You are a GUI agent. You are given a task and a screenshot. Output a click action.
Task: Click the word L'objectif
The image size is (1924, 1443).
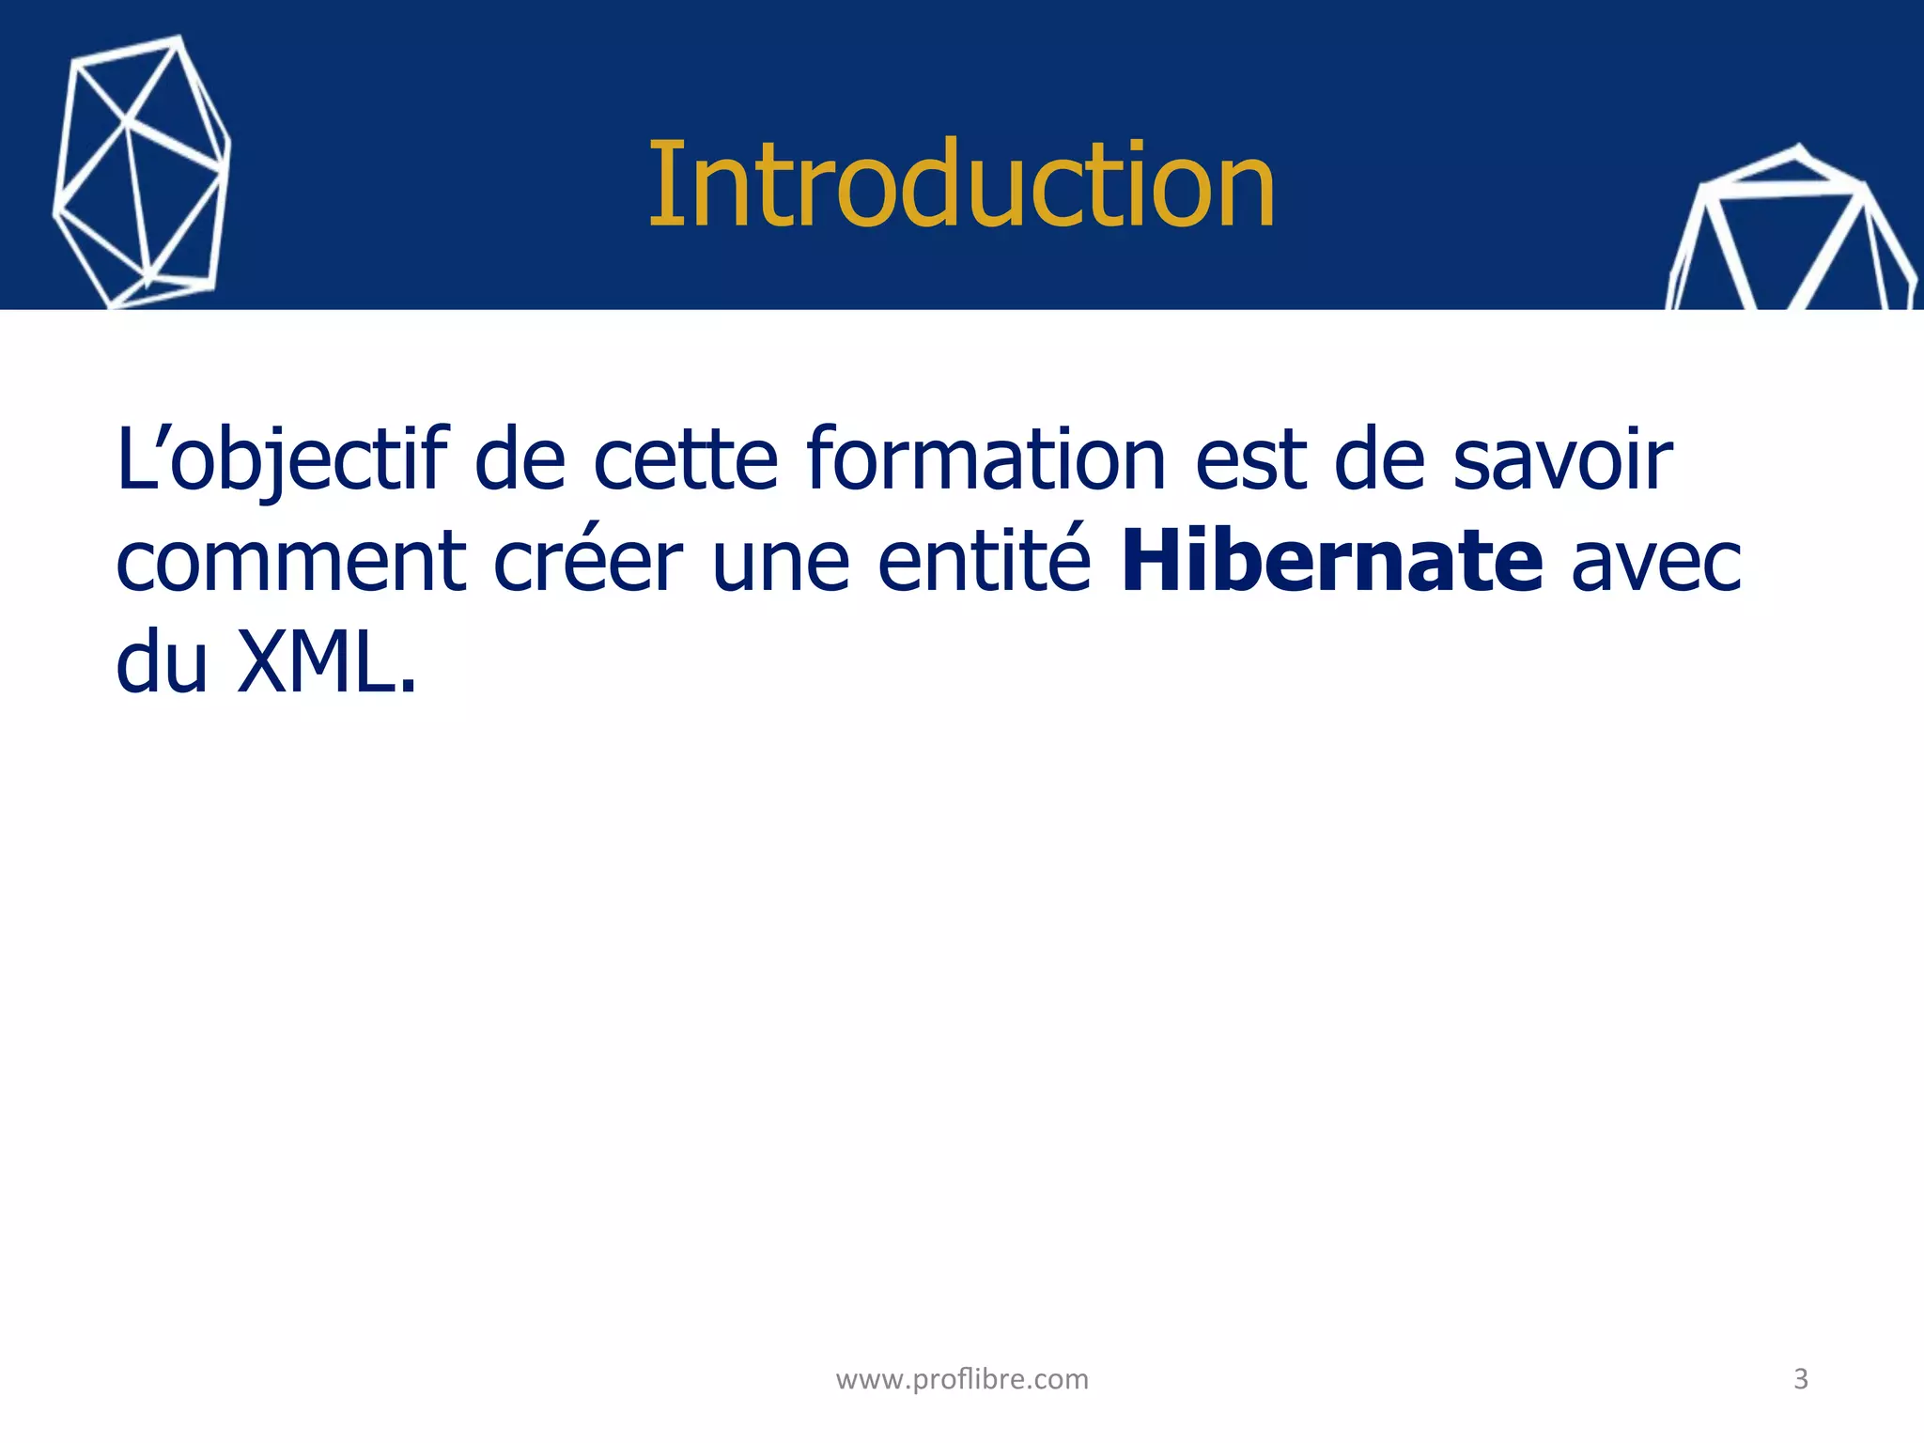[x=282, y=460]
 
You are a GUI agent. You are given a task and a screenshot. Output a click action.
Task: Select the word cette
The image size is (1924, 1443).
[x=686, y=460]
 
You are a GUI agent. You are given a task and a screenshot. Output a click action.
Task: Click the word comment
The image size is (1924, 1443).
[x=291, y=562]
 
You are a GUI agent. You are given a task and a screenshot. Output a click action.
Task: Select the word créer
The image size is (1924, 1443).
[x=588, y=562]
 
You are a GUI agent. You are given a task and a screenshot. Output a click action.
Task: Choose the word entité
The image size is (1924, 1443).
[x=985, y=562]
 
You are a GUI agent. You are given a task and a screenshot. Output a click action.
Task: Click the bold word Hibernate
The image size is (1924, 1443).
[x=1332, y=562]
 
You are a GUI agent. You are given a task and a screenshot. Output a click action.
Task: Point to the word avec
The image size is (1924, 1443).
[x=1656, y=562]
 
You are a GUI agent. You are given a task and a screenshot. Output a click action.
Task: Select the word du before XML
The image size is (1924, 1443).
[x=162, y=662]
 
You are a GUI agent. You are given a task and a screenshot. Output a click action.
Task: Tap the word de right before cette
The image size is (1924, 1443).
[x=520, y=460]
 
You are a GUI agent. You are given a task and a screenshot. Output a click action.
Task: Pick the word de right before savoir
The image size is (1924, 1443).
[x=1380, y=460]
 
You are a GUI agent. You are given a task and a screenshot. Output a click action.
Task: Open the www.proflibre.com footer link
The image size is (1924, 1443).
[x=962, y=1379]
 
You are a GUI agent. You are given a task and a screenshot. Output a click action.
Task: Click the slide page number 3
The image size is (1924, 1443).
[x=1801, y=1379]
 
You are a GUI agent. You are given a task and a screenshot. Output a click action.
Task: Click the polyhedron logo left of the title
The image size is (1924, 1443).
[x=141, y=174]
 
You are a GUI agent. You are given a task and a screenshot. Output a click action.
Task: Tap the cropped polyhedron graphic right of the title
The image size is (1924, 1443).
[x=1790, y=235]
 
